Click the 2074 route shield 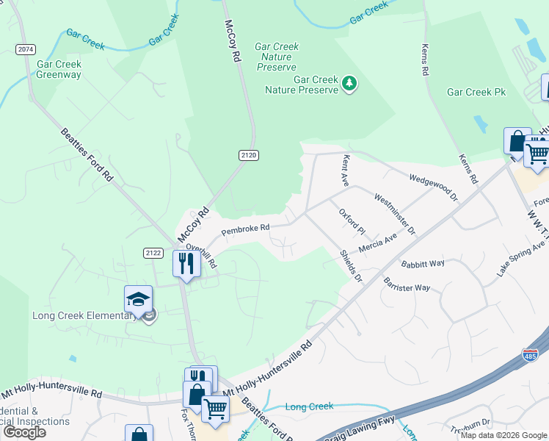tap(25, 49)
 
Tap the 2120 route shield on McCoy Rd tap(248, 155)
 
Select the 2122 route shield tap(153, 253)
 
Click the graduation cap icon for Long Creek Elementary tap(138, 298)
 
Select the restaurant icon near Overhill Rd tap(186, 262)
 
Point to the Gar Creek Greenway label tap(59, 69)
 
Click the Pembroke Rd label tap(246, 229)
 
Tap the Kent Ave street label tap(344, 170)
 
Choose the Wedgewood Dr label tap(433, 188)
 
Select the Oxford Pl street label tap(352, 221)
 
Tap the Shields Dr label tap(351, 265)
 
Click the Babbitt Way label tap(423, 263)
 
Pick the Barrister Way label tap(407, 284)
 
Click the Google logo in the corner tap(23, 432)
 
